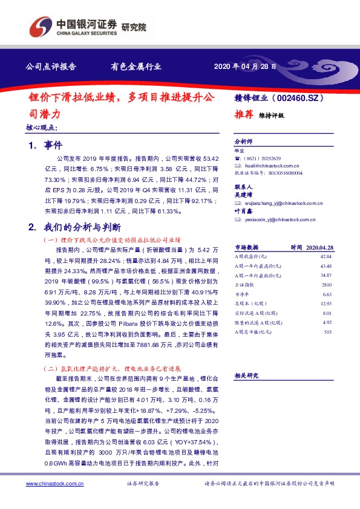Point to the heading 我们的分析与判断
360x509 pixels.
[x=82, y=227]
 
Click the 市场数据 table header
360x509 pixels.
[x=246, y=247]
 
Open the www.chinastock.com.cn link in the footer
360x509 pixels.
[x=54, y=484]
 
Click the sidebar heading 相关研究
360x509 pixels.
[x=246, y=375]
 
